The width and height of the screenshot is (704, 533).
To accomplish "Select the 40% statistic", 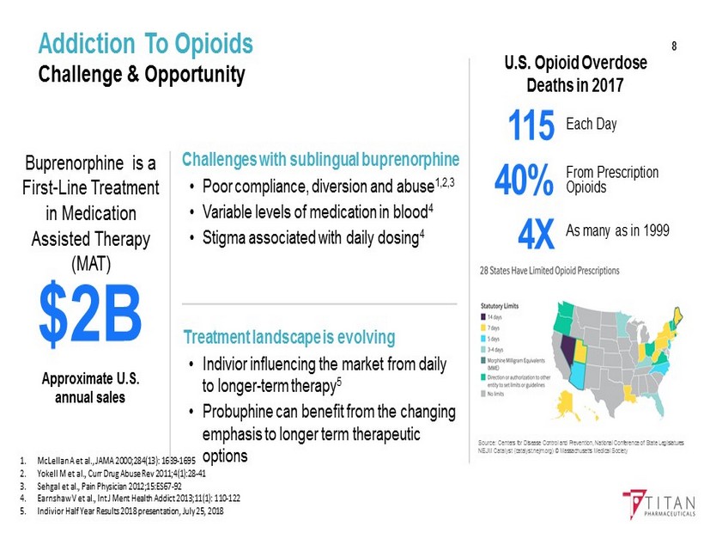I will (524, 181).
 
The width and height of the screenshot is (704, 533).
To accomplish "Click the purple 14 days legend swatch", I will (482, 317).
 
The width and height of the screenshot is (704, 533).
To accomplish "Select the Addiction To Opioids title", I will (146, 44).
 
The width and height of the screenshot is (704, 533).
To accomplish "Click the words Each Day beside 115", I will (592, 125).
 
